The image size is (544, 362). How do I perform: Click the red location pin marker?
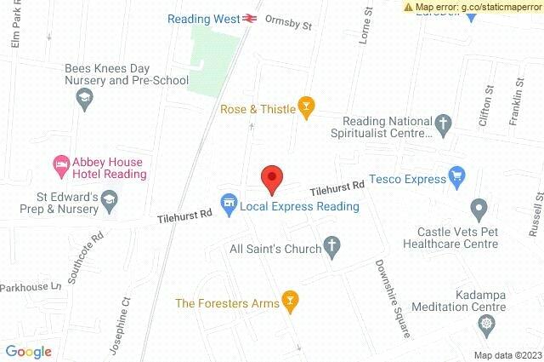coord(271,179)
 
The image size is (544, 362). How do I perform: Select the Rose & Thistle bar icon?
coord(305,108)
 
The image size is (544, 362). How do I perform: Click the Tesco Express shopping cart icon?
coord(457,178)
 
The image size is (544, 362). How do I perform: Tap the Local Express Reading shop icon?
coord(228,204)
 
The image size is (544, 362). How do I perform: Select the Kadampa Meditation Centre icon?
coord(485,324)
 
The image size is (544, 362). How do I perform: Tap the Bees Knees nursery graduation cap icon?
coord(84,101)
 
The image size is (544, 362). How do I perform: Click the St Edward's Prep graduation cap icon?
coord(109,200)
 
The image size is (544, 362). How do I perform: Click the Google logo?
coord(28,352)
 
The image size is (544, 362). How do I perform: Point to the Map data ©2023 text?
coord(507,355)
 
